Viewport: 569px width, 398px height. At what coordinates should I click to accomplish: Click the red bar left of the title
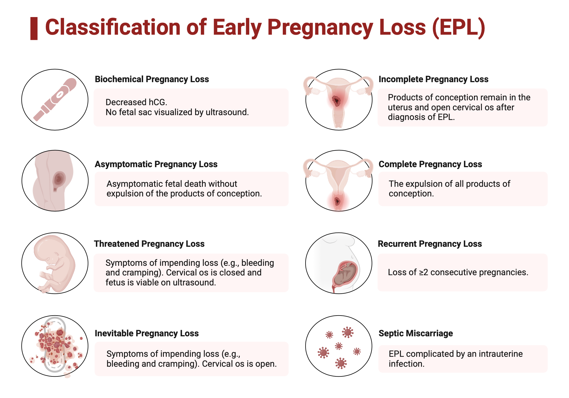pos(34,28)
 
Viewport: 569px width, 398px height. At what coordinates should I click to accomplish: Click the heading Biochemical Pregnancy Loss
pos(152,79)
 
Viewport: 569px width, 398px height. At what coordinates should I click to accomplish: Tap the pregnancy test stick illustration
pos(55,100)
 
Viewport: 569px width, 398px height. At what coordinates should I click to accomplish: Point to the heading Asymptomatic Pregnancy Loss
pos(156,164)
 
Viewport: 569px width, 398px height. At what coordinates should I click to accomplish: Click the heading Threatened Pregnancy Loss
pos(149,244)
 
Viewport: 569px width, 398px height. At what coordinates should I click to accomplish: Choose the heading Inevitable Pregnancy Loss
pos(147,333)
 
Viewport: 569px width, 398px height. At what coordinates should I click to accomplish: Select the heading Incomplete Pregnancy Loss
pos(434,79)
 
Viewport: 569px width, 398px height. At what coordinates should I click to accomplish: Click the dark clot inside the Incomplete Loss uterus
pos(337,101)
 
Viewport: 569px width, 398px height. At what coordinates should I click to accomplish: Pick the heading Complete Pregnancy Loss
pos(430,164)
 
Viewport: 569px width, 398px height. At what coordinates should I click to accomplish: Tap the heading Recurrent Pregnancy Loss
pos(430,244)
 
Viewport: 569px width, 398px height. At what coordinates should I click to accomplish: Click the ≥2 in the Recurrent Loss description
pos(423,272)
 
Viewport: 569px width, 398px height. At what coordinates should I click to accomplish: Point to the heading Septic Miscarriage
pos(416,333)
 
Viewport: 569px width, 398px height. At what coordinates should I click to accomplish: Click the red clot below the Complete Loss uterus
pos(338,202)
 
